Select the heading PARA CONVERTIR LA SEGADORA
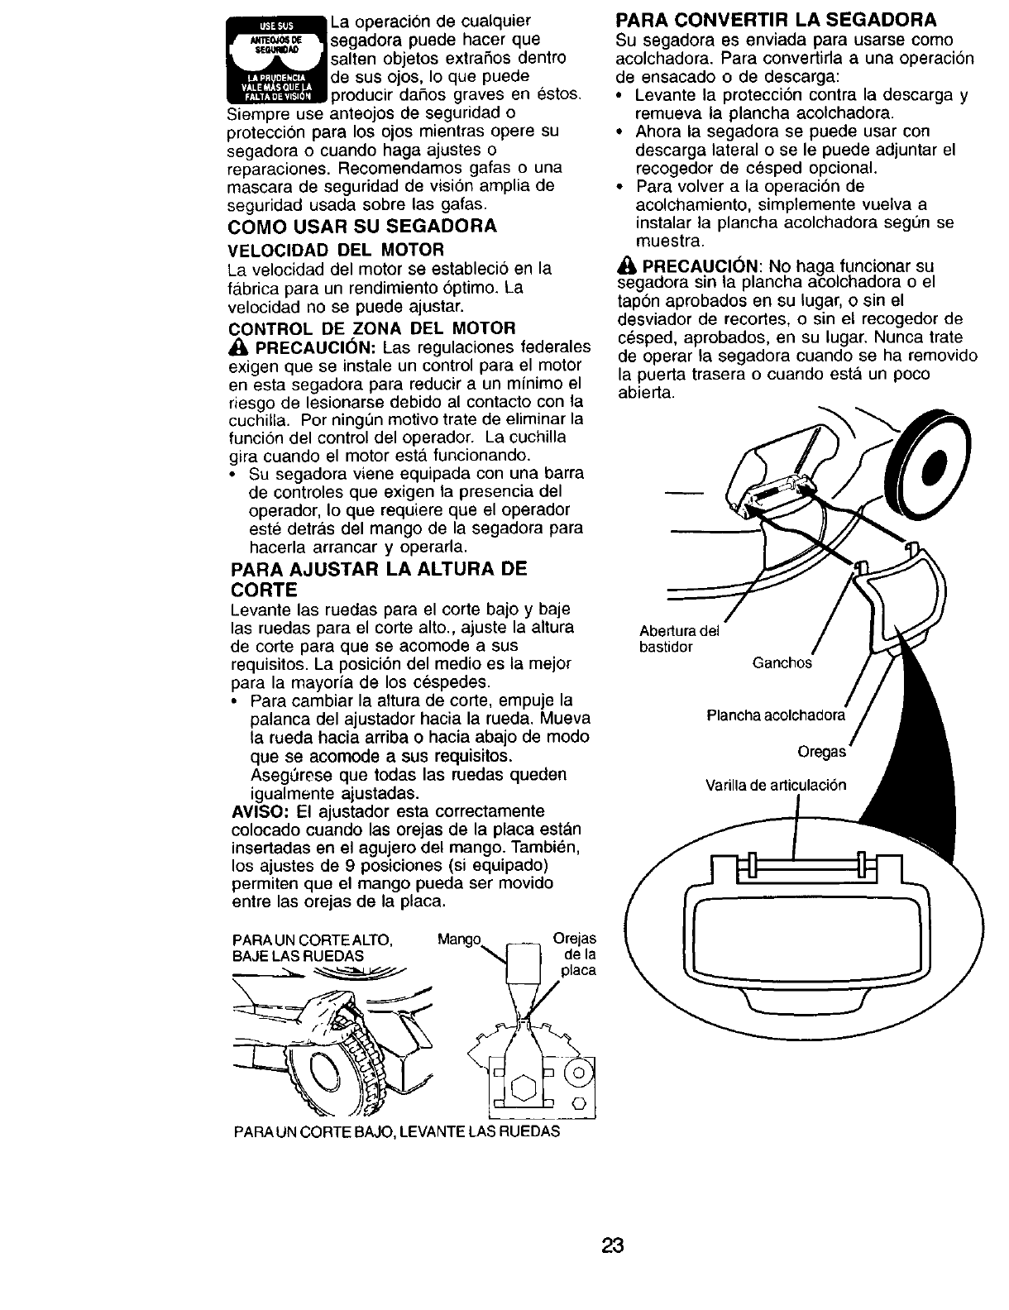(777, 20)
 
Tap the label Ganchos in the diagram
(782, 662)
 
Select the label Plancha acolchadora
(776, 715)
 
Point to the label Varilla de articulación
(776, 785)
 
